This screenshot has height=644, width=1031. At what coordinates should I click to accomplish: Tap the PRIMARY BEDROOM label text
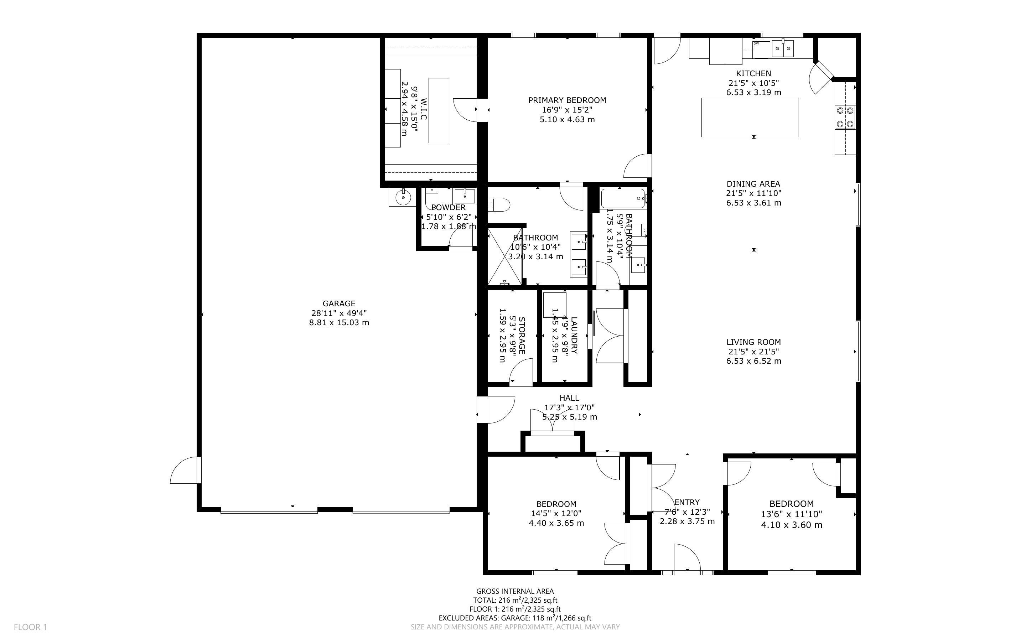567,100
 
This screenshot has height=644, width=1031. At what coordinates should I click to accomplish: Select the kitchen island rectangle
750,118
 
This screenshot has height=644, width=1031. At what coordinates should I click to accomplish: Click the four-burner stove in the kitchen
845,117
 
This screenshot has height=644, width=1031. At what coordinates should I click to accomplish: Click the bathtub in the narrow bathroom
623,198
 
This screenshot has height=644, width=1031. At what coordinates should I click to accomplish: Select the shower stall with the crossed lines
505,256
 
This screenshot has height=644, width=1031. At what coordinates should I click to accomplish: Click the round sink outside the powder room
402,197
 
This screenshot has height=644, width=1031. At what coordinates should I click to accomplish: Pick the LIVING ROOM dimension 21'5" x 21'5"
753,352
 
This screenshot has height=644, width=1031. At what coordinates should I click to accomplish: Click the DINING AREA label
753,184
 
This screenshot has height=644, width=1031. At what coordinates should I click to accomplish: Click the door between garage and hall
495,410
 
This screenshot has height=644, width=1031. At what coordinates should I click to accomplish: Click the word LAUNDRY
574,335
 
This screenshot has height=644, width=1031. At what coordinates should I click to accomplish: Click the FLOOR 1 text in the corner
30,627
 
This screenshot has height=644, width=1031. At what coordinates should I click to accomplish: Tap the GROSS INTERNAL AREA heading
515,591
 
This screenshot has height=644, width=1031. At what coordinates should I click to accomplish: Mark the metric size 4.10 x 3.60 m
792,525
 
